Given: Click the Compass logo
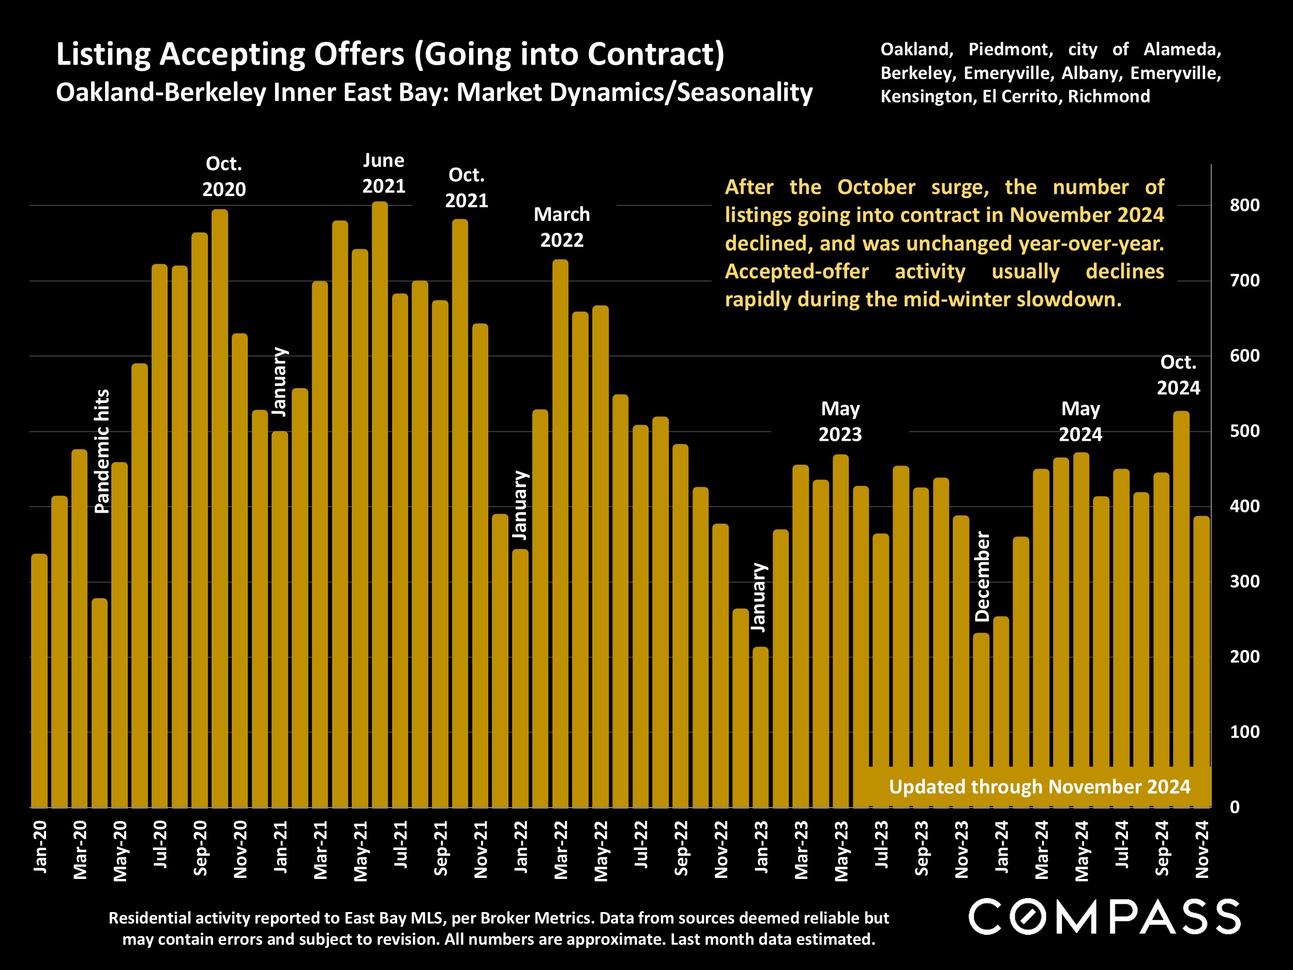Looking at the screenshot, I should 1104,917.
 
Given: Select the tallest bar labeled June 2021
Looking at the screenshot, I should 380,503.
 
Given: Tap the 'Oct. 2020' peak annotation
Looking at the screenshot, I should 224,176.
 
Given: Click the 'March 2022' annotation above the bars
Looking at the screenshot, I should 562,228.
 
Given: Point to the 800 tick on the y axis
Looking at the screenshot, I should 1244,205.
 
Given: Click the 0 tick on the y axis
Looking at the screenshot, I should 1235,808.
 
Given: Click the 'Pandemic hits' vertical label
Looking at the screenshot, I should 102,452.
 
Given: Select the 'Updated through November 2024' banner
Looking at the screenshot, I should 1039,787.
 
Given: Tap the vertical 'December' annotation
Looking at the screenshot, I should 983,576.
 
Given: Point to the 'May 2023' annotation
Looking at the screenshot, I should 840,422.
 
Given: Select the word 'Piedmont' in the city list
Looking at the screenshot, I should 1010,50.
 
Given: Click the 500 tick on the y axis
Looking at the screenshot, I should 1244,431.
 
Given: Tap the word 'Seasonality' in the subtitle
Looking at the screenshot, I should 745,93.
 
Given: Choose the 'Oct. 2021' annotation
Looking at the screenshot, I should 467,188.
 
